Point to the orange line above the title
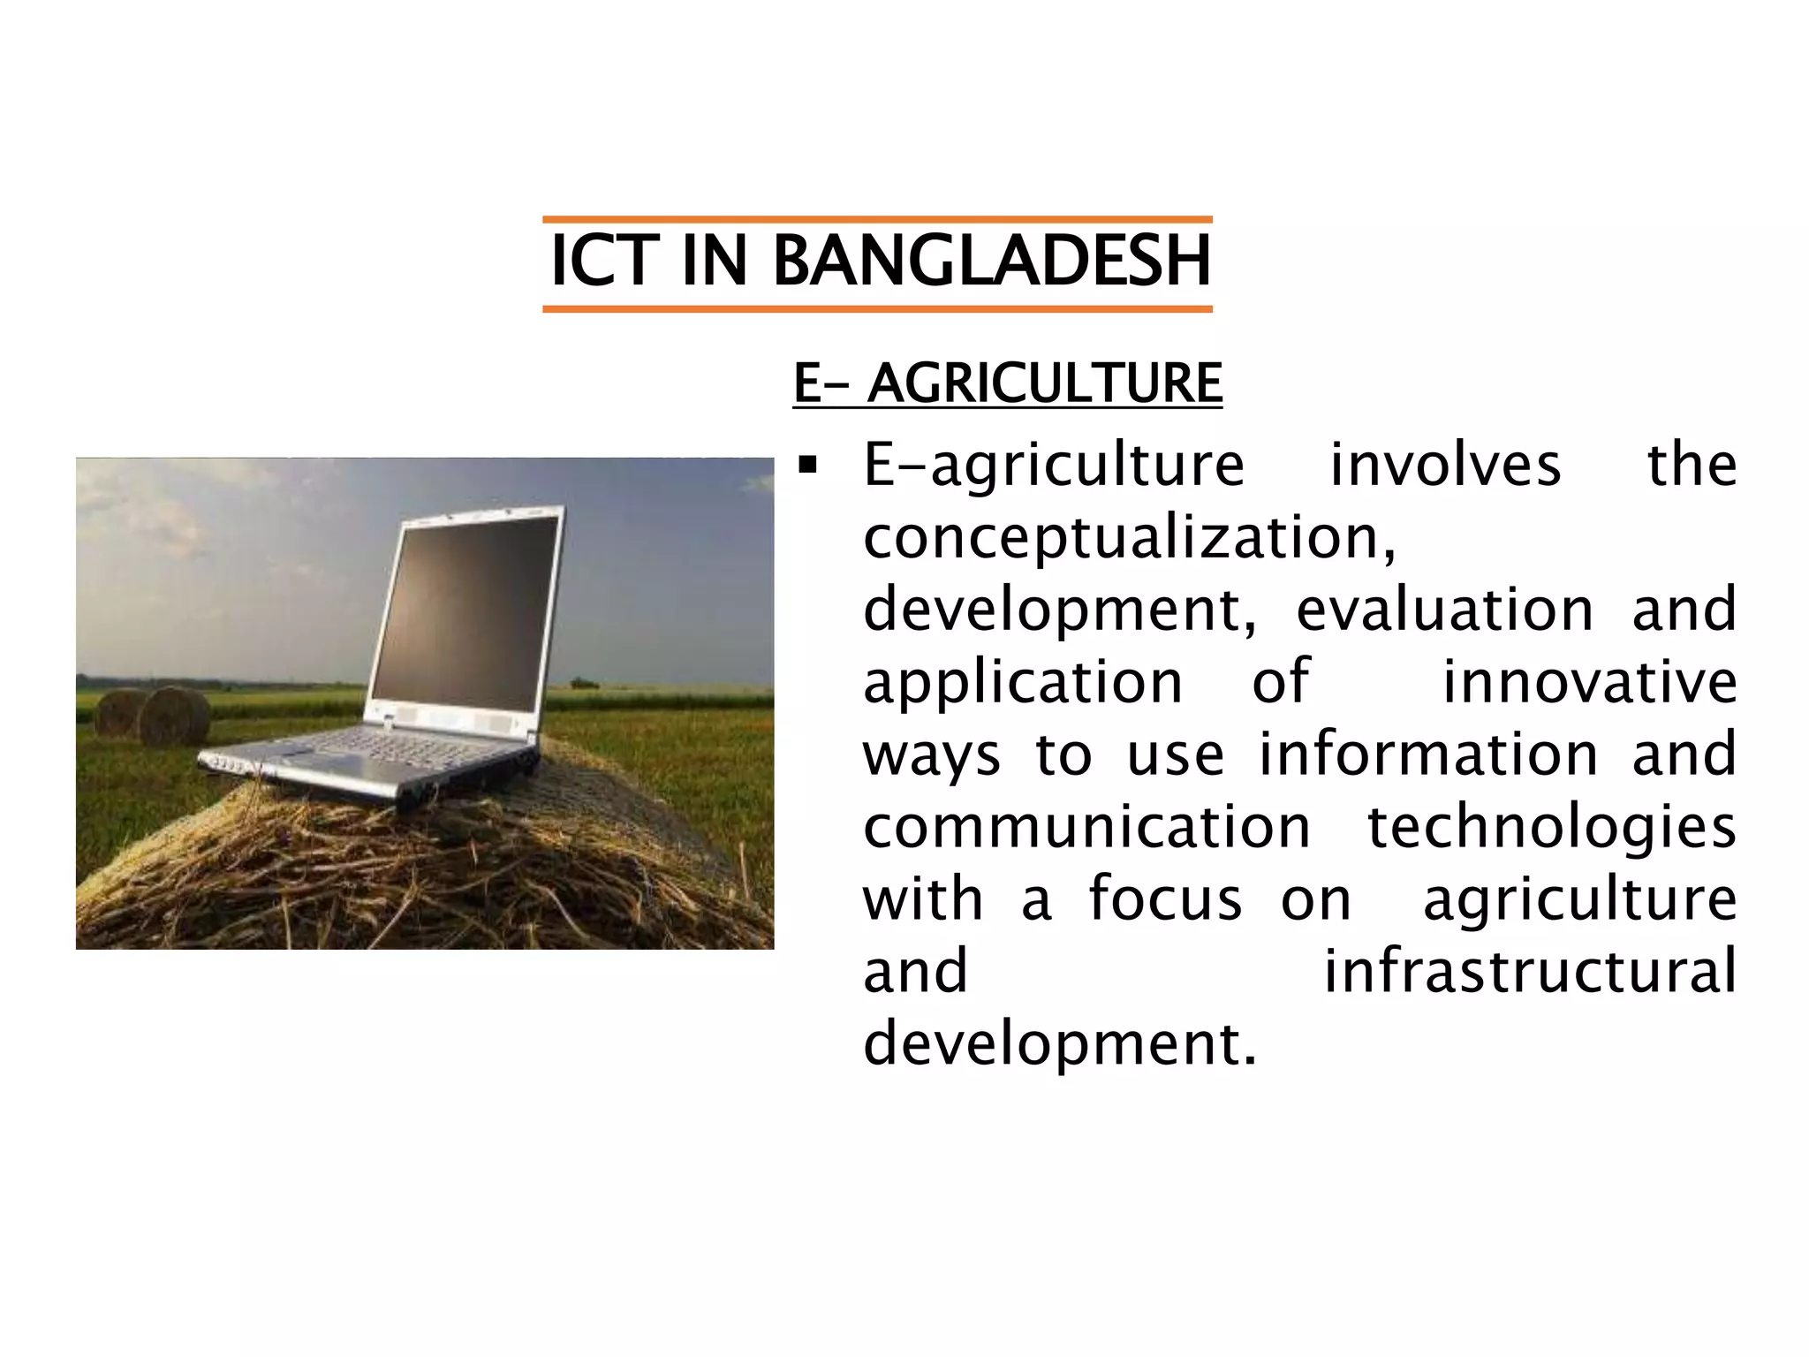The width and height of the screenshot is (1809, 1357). click(877, 219)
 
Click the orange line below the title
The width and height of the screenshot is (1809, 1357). click(877, 308)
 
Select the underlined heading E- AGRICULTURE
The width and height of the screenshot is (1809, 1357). click(1008, 383)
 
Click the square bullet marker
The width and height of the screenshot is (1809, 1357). click(806, 464)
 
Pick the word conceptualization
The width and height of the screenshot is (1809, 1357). click(1129, 538)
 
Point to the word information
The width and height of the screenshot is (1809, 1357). click(1428, 754)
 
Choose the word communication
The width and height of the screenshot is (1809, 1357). click(1086, 828)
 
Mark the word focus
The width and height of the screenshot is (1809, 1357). click(1165, 899)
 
